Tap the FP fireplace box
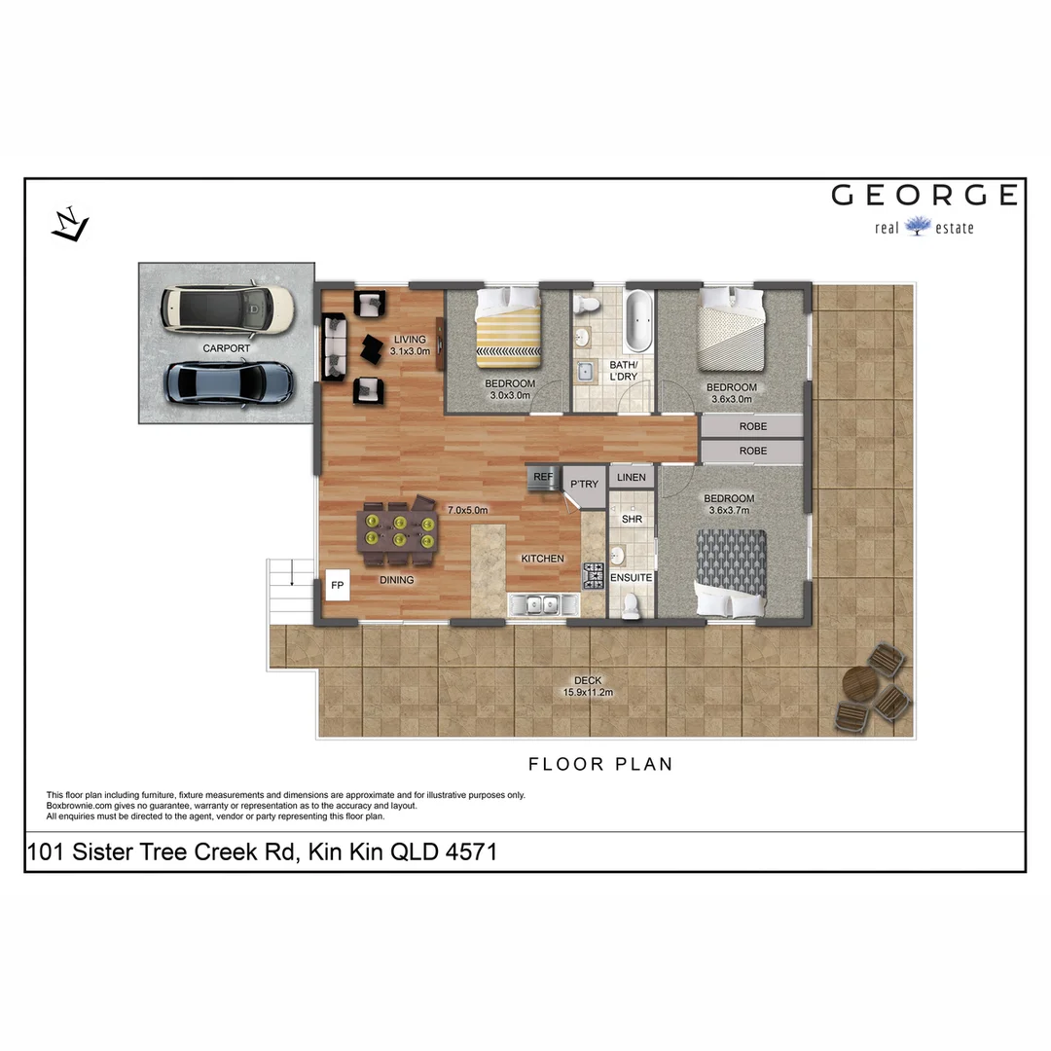tap(338, 586)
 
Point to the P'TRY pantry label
tap(584, 484)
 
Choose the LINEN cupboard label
tap(631, 478)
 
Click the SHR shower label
tap(632, 520)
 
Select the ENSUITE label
tap(631, 578)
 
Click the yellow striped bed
tap(507, 329)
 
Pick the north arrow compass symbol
tap(70, 225)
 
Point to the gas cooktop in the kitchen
tap(593, 576)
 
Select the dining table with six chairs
tap(399, 532)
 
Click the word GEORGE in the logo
tap(924, 196)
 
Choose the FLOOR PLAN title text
tap(599, 764)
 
